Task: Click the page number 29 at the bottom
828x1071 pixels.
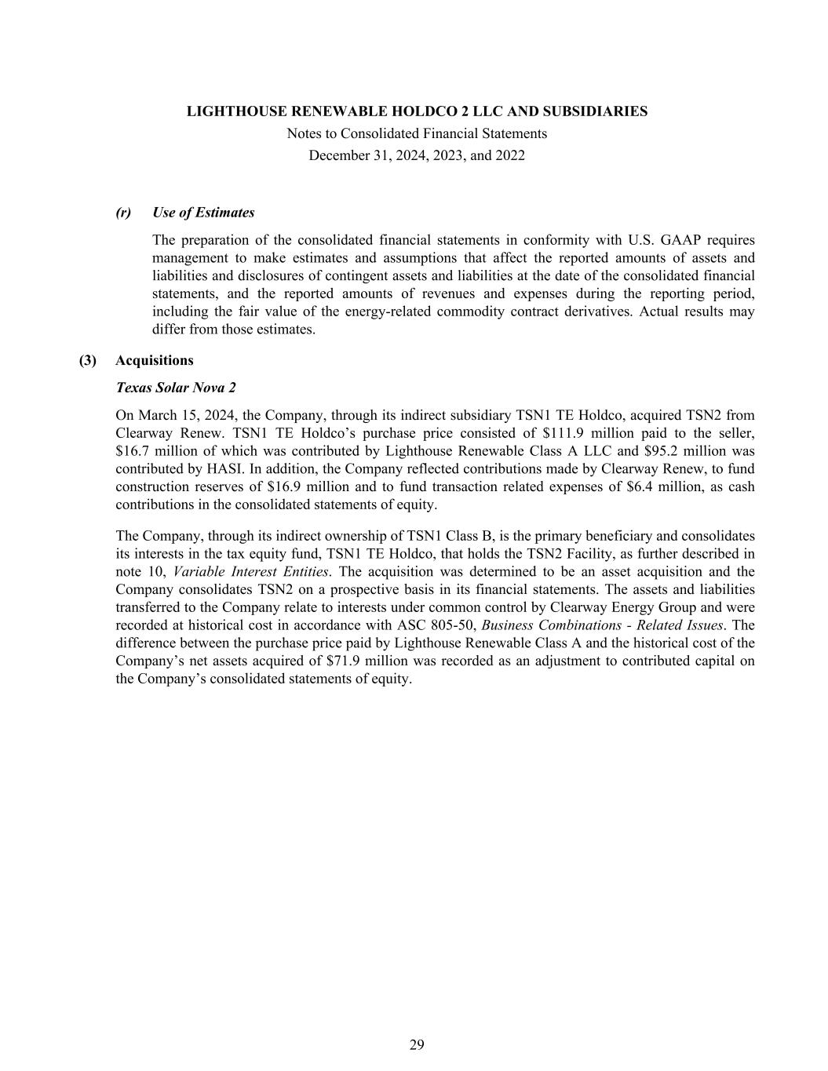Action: [417, 1044]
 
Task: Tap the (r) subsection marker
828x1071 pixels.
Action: [123, 213]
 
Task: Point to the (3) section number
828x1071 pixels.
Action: [88, 360]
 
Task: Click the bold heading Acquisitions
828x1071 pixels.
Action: [154, 360]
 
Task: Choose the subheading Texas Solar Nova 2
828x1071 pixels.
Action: [175, 388]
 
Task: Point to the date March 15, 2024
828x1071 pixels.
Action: [185, 415]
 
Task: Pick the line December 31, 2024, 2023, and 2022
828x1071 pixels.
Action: [417, 155]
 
